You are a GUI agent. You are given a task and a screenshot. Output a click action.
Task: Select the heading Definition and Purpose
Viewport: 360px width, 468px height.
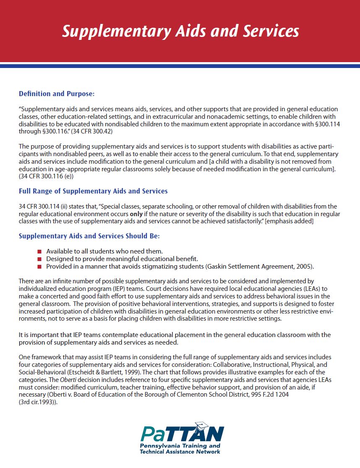click(57, 94)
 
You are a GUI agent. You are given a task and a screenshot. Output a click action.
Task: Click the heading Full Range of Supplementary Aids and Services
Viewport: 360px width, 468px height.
click(93, 191)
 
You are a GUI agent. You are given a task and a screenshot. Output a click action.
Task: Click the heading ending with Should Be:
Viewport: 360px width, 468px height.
click(89, 236)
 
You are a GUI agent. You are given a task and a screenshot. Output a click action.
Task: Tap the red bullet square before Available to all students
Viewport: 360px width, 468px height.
click(39, 251)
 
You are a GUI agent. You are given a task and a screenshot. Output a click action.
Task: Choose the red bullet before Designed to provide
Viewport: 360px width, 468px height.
click(39, 259)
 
